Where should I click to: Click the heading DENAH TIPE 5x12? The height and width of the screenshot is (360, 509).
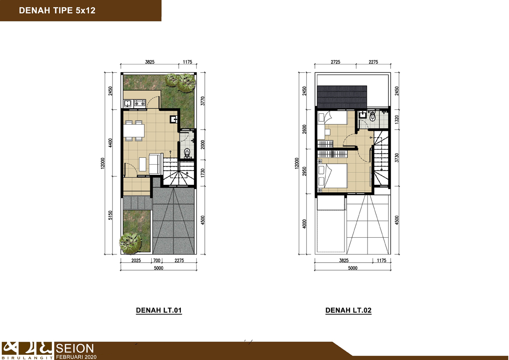tap(57, 10)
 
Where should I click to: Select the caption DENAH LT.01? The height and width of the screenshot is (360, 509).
tap(159, 310)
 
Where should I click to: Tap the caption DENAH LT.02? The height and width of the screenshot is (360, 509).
tap(348, 310)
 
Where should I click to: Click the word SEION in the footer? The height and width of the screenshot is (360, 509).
tap(75, 348)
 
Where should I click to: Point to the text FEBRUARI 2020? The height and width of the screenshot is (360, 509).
tap(76, 357)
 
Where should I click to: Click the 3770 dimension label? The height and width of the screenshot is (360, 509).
tap(203, 101)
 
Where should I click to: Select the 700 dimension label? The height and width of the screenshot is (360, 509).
tap(157, 260)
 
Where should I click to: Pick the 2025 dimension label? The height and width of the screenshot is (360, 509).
tap(136, 260)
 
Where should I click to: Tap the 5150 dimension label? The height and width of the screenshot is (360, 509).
tap(110, 215)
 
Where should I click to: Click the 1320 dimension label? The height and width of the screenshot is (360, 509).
tap(396, 119)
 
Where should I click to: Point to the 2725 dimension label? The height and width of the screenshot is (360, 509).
tap(335, 62)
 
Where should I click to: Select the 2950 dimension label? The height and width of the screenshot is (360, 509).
tap(304, 171)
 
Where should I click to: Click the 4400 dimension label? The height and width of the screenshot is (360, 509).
tap(110, 143)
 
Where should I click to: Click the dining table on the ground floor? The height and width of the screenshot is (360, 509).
tap(134, 131)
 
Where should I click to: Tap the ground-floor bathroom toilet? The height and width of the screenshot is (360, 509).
tap(187, 153)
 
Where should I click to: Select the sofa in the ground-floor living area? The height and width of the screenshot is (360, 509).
tap(155, 164)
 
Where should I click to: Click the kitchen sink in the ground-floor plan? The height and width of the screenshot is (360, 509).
tap(127, 103)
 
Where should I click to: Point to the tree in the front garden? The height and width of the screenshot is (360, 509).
tap(130, 242)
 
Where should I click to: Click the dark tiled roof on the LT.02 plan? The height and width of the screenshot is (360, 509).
tap(342, 97)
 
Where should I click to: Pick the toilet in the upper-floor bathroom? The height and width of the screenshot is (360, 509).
tap(372, 116)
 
